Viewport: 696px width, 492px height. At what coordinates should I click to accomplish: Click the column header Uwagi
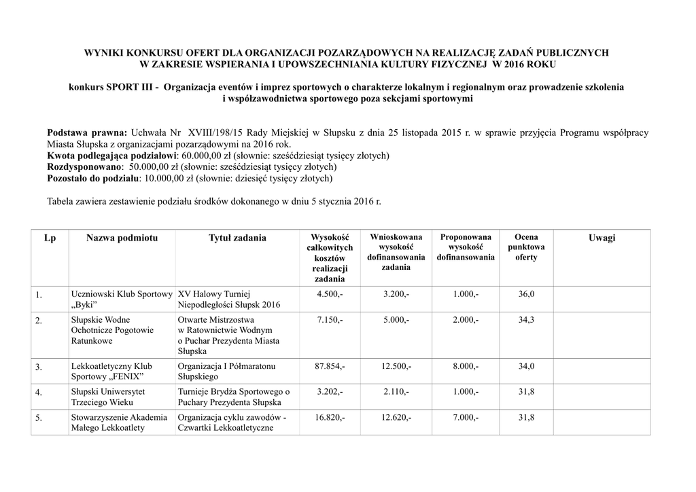[602, 237]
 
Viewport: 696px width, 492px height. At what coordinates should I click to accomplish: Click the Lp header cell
[50, 237]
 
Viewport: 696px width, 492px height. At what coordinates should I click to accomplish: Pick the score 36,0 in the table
[526, 294]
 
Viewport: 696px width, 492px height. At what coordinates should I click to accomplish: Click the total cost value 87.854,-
[330, 366]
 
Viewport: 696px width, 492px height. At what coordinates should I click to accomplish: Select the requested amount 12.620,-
[396, 417]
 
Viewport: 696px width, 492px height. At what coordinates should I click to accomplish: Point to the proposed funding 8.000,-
[466, 366]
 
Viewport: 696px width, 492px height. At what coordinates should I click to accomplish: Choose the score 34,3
[526, 319]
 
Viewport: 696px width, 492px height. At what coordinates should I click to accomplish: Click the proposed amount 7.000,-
[466, 417]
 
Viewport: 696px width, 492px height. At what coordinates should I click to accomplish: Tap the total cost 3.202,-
[330, 391]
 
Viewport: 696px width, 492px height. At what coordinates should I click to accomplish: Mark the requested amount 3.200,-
[396, 294]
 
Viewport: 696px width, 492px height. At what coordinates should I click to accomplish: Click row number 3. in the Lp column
[39, 368]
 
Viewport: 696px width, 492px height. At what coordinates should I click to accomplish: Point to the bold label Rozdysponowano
[84, 166]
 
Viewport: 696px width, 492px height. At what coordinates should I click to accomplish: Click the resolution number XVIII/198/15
[211, 132]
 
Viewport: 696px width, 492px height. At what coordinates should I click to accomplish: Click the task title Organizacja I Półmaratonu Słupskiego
[226, 371]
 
